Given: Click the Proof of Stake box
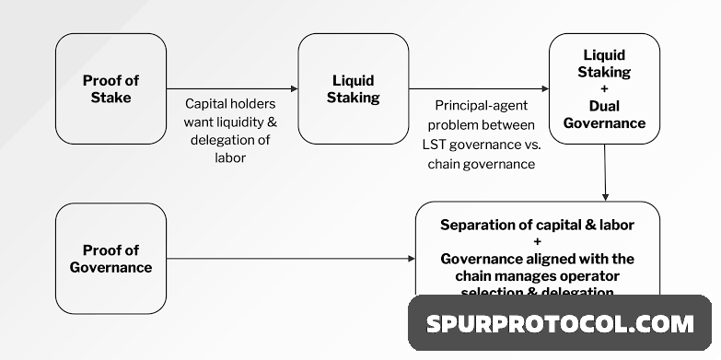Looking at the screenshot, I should point(110,88).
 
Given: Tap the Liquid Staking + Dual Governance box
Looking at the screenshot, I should point(604,88).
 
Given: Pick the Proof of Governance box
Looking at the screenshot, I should point(110,259).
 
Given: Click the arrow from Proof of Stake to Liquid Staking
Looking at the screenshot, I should point(231,89).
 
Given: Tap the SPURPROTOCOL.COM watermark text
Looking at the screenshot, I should point(559,324).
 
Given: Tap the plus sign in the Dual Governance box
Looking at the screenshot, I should point(604,88).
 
